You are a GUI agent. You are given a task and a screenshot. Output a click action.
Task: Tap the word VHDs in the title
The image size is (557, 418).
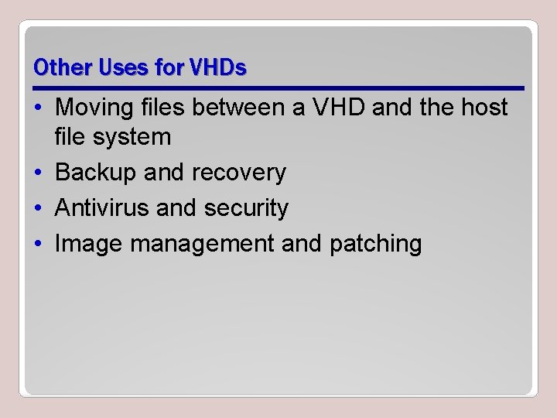point(217,68)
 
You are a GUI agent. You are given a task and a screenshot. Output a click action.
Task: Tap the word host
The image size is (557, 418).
point(483,107)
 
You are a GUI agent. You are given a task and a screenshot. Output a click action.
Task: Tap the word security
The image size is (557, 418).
point(247,207)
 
